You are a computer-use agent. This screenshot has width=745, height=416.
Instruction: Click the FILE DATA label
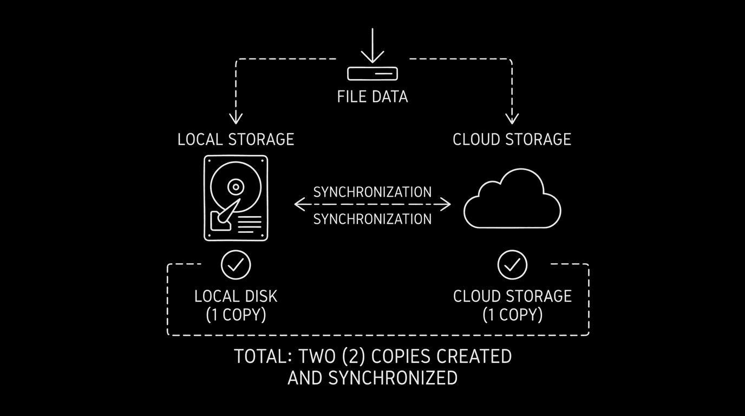tap(372, 97)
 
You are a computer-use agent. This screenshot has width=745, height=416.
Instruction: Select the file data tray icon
tap(372, 73)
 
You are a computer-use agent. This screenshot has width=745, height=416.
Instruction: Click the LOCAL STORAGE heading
tap(236, 139)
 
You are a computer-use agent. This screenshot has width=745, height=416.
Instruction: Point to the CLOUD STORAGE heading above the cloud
tap(512, 139)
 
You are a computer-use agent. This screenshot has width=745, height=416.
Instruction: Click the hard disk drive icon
tap(236, 198)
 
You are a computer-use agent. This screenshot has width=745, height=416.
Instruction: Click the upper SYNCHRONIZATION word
tap(372, 192)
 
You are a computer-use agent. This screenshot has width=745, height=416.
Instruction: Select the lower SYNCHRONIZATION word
tap(372, 219)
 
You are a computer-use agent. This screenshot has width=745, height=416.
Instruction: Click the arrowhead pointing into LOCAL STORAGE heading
tap(236, 118)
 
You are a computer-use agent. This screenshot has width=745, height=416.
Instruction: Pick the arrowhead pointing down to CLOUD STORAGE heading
tap(512, 118)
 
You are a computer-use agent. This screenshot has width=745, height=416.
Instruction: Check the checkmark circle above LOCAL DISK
tap(236, 265)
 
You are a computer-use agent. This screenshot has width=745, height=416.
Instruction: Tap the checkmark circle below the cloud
tap(512, 265)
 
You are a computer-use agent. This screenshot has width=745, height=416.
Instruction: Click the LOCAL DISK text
tap(236, 296)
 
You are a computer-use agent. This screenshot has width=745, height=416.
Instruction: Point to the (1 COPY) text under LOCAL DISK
tap(236, 315)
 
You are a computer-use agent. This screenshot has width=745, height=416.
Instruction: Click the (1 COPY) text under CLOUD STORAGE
tap(512, 315)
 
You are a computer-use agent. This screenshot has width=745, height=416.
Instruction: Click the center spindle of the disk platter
tap(235, 187)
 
